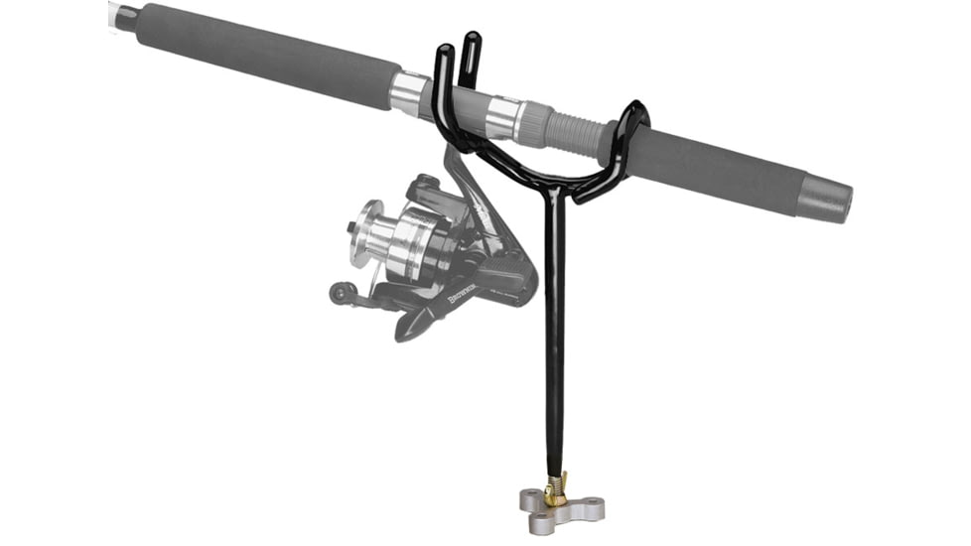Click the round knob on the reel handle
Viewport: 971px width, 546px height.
click(x=340, y=292)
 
